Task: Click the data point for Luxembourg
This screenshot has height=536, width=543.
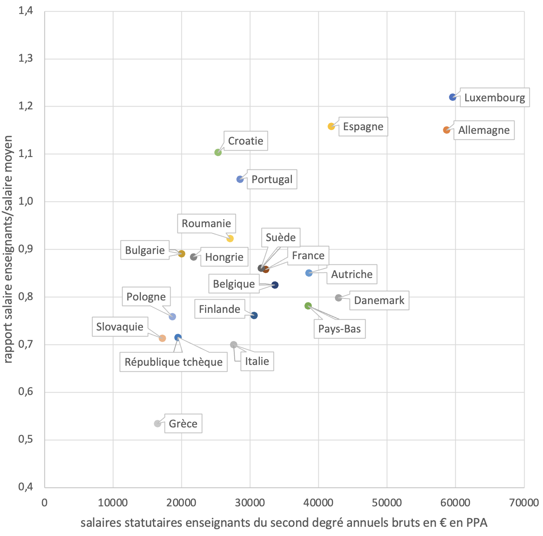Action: (452, 97)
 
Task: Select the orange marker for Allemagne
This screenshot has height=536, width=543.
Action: (446, 130)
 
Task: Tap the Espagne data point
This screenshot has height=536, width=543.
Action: (331, 127)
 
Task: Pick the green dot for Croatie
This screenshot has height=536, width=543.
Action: (218, 153)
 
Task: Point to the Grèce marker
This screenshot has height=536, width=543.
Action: (157, 424)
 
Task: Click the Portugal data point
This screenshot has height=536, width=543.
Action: (240, 179)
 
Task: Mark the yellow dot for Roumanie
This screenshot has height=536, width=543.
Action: (230, 239)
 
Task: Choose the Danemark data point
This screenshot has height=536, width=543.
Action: (338, 298)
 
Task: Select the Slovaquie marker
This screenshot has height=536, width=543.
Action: (162, 339)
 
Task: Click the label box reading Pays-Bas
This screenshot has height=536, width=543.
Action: (340, 329)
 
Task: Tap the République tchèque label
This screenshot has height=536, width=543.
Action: (174, 362)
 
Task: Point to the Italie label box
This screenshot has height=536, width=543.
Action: (257, 361)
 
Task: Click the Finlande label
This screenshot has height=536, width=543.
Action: (219, 309)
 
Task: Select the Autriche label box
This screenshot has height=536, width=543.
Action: (352, 274)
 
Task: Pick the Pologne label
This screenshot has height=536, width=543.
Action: (146, 297)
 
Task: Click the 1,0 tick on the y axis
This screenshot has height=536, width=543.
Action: (26, 202)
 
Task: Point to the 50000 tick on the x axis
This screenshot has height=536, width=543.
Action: (387, 503)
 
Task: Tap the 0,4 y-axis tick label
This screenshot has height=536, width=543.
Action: (26, 488)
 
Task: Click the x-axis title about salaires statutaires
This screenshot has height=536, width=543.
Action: (284, 523)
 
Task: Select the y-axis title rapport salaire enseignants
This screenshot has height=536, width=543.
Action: (8, 249)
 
